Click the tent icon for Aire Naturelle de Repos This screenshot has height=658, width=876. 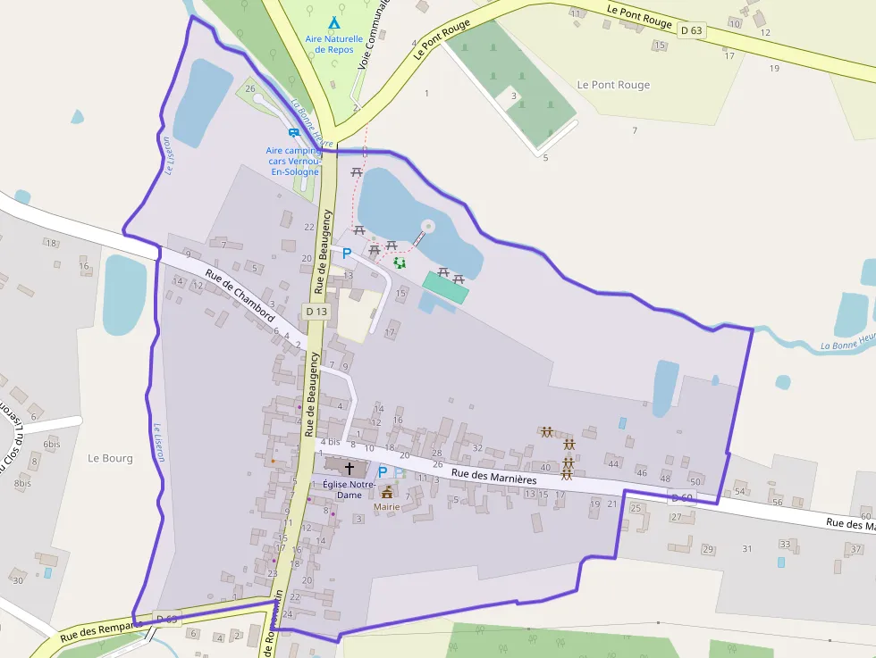pos(333,21)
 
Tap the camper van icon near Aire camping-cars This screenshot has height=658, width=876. pos(293,133)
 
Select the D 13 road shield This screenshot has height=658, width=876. pos(316,312)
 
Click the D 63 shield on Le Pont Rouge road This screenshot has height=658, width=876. pos(690,30)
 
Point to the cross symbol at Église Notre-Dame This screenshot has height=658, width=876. pos(349,467)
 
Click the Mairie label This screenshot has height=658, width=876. pos(386,506)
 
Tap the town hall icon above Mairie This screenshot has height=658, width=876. pos(387,492)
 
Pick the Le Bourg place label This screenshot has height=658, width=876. pos(110,458)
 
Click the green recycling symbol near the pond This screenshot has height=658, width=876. pos(400,262)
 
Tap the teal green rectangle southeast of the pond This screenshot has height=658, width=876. pos(445,287)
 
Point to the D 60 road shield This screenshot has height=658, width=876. pos(681,497)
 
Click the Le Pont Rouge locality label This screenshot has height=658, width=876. pos(613,85)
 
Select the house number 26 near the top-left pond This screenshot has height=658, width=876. pos(250,88)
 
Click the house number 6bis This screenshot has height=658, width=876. pos(52,444)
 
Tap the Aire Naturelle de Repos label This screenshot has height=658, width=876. pos(333,44)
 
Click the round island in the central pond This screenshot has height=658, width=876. pos(427,226)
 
